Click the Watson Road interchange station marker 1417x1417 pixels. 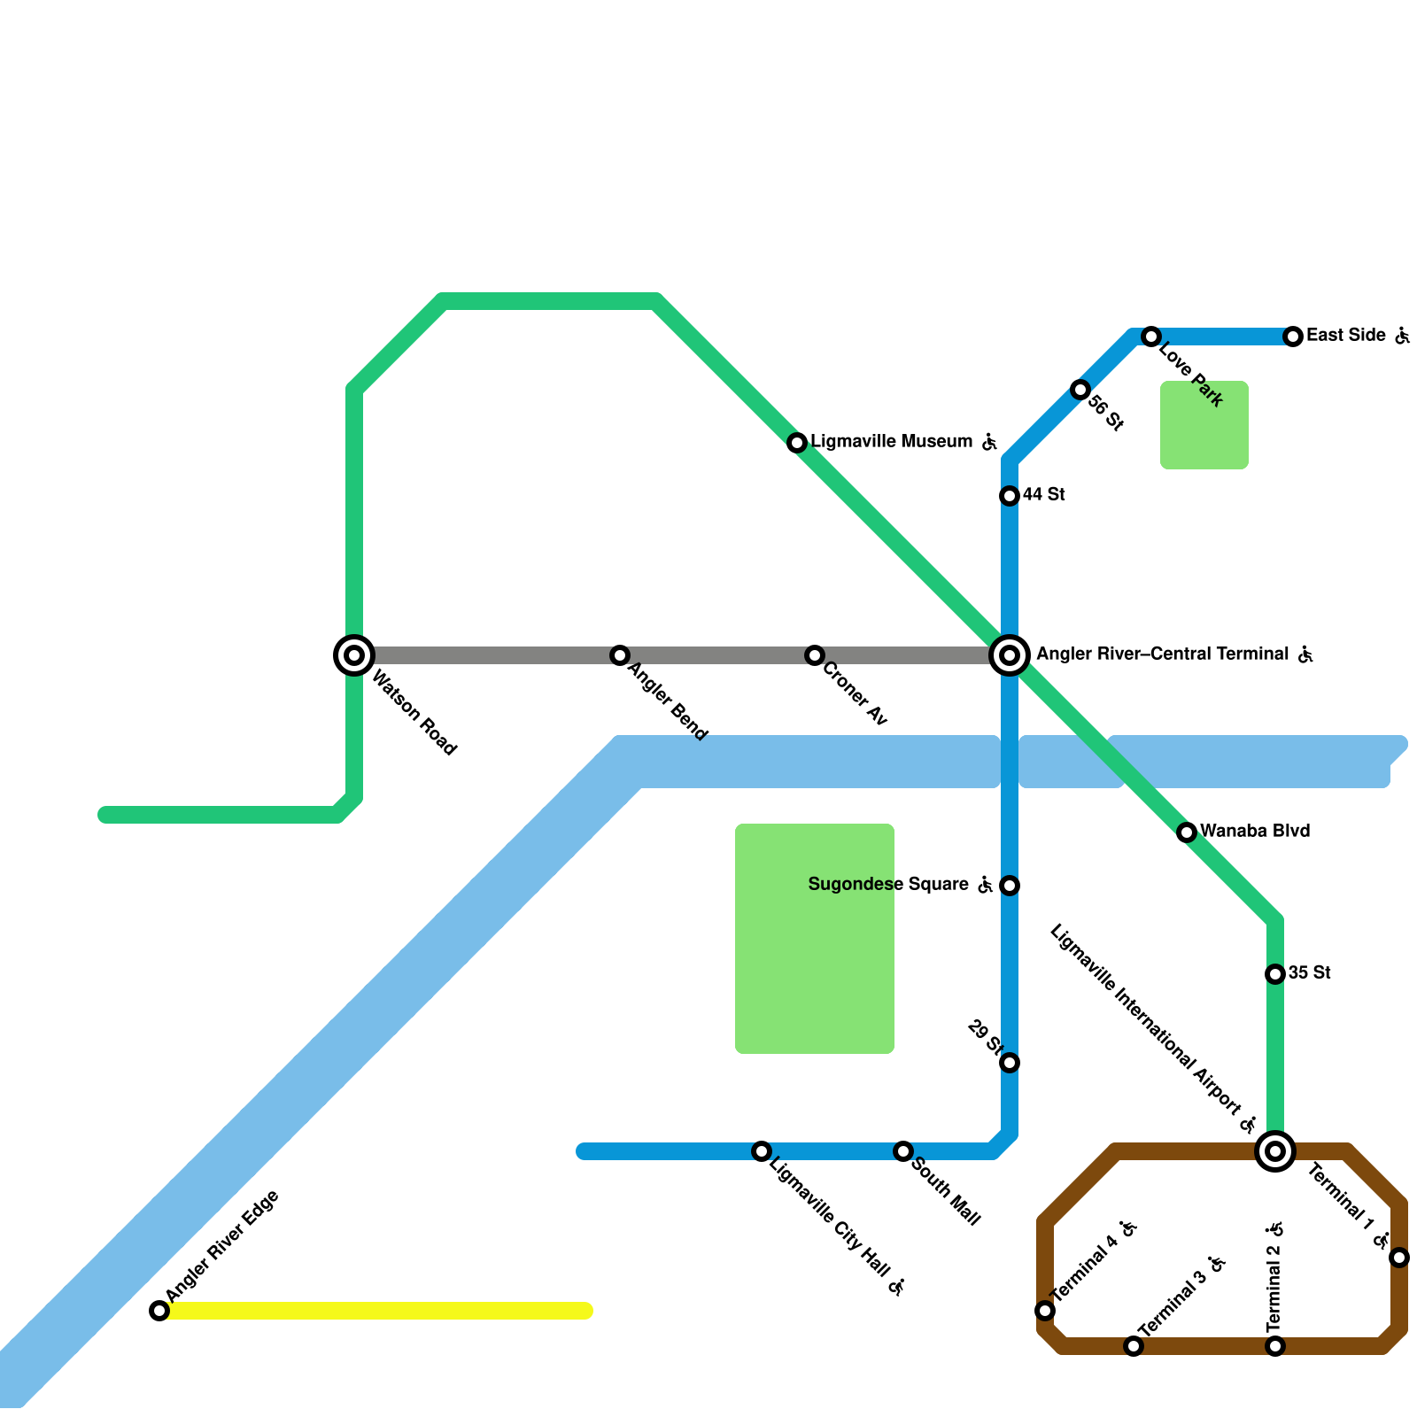pyautogui.click(x=354, y=655)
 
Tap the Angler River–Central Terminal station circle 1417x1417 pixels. pyautogui.click(x=1010, y=655)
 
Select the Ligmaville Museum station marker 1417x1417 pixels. pyautogui.click(x=797, y=443)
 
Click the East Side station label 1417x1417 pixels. pyautogui.click(x=1346, y=336)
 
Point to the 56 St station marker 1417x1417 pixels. pyautogui.click(x=1080, y=390)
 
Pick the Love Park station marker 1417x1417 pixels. pyautogui.click(x=1151, y=337)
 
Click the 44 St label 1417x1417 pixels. pyautogui.click(x=1044, y=495)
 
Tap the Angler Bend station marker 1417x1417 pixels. pyautogui.click(x=620, y=655)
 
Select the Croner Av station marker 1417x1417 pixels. pyautogui.click(x=815, y=655)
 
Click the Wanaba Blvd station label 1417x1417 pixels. pyautogui.click(x=1255, y=832)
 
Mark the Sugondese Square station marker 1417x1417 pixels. pyautogui.click(x=1010, y=886)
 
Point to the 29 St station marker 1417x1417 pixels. pyautogui.click(x=1010, y=1063)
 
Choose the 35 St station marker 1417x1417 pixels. pyautogui.click(x=1275, y=974)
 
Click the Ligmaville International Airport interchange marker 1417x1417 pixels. pyautogui.click(x=1275, y=1151)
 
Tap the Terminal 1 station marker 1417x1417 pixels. pyautogui.click(x=1399, y=1258)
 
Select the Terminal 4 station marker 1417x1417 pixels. pyautogui.click(x=1045, y=1311)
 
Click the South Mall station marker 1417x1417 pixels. pyautogui.click(x=903, y=1151)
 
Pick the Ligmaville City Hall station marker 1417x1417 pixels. pyautogui.click(x=762, y=1151)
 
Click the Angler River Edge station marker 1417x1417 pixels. pyautogui.click(x=159, y=1311)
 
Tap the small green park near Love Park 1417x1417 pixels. pyautogui.click(x=1204, y=425)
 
